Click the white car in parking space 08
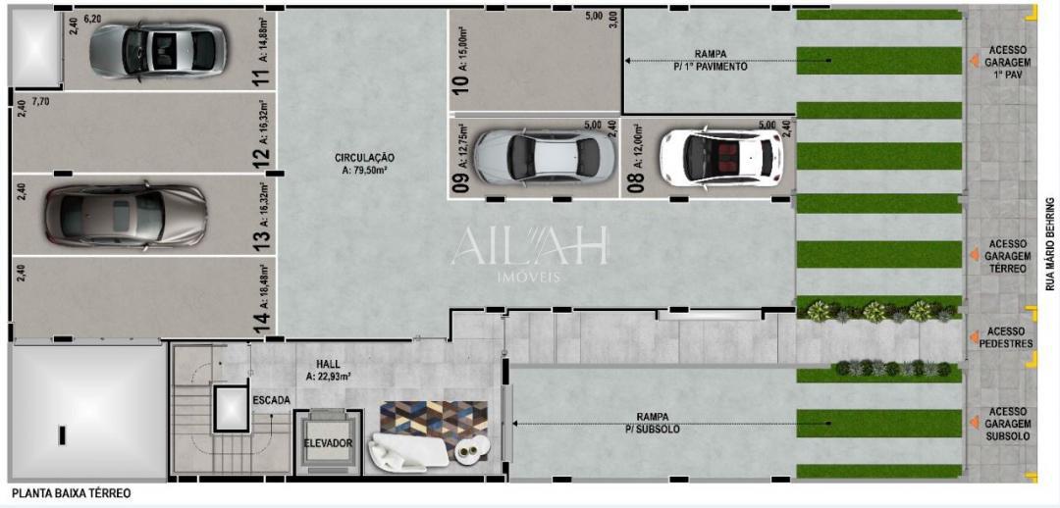(720, 154)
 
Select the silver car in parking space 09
(538, 155)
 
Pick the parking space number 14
(260, 321)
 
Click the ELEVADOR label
(328, 443)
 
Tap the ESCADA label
(271, 400)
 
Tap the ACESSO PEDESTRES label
(1007, 337)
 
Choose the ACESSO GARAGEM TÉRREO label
(1007, 256)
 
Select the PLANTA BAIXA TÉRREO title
(71, 494)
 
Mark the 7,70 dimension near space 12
(40, 101)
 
